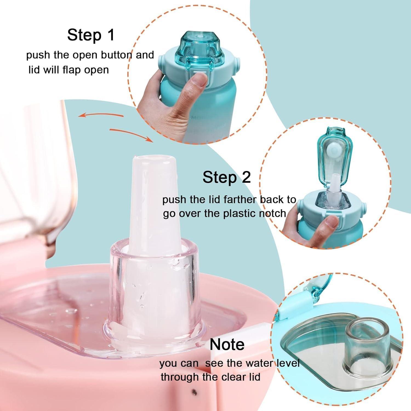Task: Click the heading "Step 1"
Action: click(x=91, y=35)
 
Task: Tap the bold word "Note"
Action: click(x=227, y=345)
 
